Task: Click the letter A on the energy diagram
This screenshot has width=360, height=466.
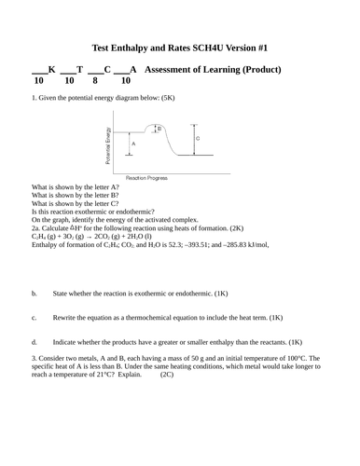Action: [133, 145]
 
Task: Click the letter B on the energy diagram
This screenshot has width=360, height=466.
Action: [159, 130]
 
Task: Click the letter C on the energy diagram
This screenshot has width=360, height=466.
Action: [197, 138]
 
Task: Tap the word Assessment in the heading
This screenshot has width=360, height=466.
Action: [179, 69]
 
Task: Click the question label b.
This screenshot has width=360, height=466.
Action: [34, 293]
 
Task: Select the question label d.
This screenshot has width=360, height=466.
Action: [34, 341]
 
